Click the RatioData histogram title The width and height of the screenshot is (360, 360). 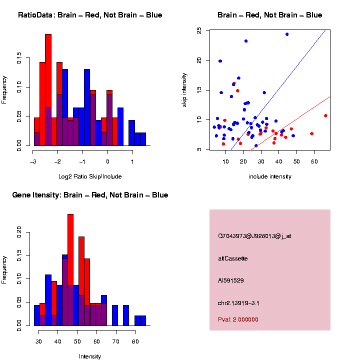(x=90, y=15)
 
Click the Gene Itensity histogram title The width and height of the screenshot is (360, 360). (x=90, y=194)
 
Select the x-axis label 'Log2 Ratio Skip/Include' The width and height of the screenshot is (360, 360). (x=90, y=176)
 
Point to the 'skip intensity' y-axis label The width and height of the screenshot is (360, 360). (x=184, y=89)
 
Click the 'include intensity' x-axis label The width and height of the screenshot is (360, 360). (x=269, y=176)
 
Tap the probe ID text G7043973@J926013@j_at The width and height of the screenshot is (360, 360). (x=254, y=235)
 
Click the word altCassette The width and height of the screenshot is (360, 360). (x=232, y=258)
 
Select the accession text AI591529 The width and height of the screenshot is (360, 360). (x=231, y=280)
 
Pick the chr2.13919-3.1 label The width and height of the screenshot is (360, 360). (x=238, y=303)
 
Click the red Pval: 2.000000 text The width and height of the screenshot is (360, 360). (x=238, y=319)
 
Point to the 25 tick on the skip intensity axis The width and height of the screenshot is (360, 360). (x=199, y=30)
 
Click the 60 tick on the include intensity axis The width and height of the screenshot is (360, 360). (x=314, y=161)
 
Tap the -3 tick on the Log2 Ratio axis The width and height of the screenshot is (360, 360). (x=33, y=161)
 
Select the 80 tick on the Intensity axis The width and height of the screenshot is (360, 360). (x=135, y=341)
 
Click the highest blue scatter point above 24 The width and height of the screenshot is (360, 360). (x=287, y=34)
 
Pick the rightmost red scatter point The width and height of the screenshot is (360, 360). (x=325, y=115)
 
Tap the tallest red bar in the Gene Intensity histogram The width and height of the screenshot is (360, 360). (x=70, y=270)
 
